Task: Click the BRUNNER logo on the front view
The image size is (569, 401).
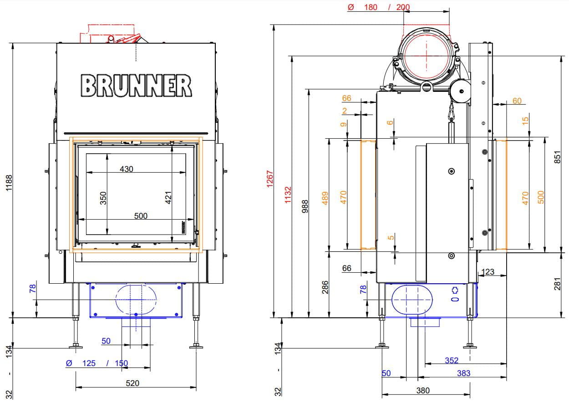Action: [x=136, y=85]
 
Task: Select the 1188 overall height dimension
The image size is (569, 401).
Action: [x=9, y=183]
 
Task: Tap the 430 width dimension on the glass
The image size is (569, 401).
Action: [x=127, y=169]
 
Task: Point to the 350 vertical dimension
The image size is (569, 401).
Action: [x=103, y=198]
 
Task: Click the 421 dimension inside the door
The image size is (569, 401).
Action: [x=168, y=198]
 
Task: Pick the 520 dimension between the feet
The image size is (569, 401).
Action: [x=132, y=383]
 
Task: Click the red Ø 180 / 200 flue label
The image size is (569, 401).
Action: [x=378, y=7]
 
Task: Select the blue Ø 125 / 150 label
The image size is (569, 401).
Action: [x=97, y=363]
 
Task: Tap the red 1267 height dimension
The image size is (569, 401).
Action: [x=270, y=179]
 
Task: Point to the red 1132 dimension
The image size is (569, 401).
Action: [x=288, y=195]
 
